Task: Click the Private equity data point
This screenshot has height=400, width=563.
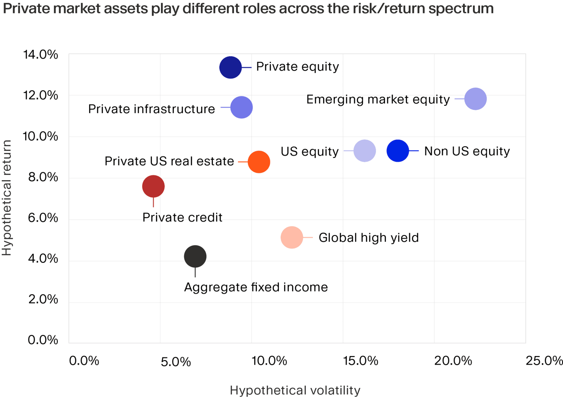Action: [x=230, y=68]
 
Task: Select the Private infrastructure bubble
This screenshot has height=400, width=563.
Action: [x=242, y=108]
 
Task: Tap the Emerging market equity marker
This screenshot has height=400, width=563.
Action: [x=476, y=99]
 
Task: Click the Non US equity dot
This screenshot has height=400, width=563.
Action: [x=398, y=151]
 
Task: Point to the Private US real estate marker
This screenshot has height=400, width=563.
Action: [x=259, y=162]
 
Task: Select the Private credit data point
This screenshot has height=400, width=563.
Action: [x=153, y=186]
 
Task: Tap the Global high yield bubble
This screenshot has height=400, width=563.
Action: [x=292, y=238]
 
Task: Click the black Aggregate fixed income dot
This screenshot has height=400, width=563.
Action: [x=195, y=257]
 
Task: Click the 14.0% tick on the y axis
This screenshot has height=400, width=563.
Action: [x=40, y=55]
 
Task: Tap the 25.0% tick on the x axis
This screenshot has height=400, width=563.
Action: [x=544, y=361]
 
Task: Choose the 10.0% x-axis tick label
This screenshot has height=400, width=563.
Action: [x=269, y=361]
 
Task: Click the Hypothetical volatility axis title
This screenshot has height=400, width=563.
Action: [x=295, y=391]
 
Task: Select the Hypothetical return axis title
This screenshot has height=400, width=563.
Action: [x=7, y=196]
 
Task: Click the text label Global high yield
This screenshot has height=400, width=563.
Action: [x=368, y=237]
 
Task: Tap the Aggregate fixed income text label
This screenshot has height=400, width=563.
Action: [x=256, y=287]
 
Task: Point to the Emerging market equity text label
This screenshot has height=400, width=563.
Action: [x=378, y=99]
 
